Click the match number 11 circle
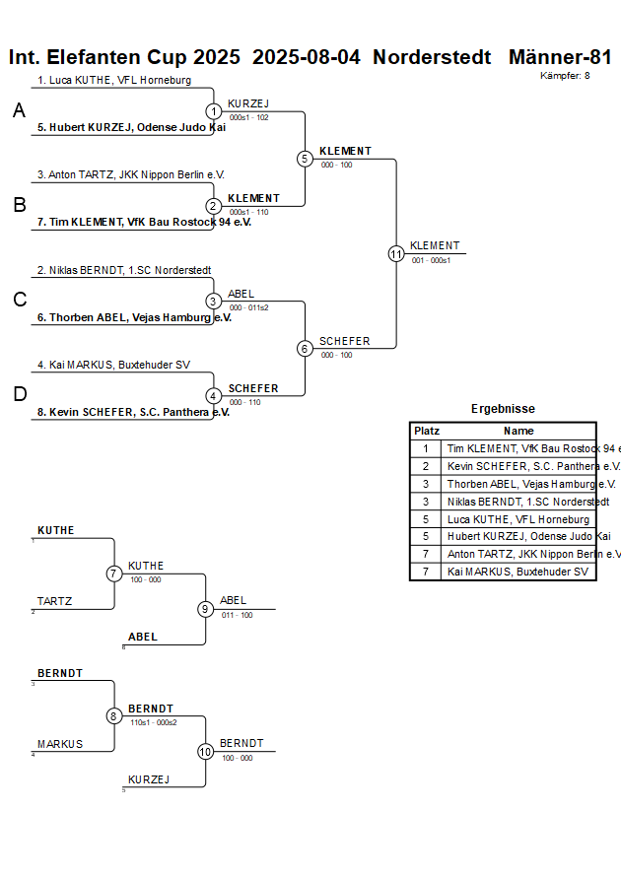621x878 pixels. [396, 253]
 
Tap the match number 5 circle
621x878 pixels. [305, 159]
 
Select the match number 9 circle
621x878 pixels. [205, 609]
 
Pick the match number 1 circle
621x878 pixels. [214, 111]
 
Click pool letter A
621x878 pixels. [19, 111]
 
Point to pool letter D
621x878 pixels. [20, 394]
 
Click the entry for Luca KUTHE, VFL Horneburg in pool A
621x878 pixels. [114, 80]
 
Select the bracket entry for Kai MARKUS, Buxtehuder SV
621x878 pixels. [113, 365]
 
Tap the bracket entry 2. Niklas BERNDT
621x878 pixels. [123, 270]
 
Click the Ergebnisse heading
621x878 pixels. [503, 409]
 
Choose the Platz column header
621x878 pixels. [426, 431]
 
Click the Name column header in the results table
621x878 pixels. [518, 431]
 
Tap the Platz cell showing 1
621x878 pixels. [426, 448]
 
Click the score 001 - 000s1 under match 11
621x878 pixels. [431, 260]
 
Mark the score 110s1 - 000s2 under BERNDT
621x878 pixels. [153, 722]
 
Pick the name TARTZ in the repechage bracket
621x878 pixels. [55, 601]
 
